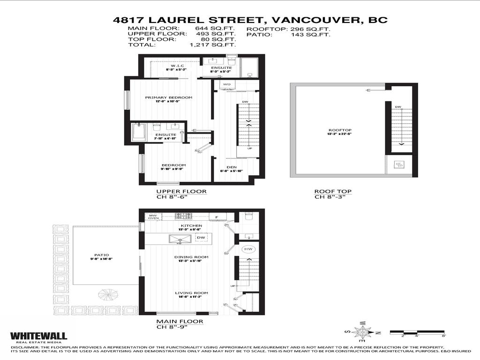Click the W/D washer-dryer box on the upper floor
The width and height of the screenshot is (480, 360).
pos(227,84)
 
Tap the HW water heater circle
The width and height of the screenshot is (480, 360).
pos(248,249)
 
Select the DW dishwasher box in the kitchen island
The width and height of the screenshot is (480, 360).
pos(201,238)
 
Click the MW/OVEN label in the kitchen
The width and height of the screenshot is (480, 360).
pos(153,217)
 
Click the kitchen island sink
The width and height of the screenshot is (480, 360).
pos(179,239)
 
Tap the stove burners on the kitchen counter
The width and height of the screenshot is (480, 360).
pos(184,216)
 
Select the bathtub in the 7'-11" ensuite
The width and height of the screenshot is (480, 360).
pos(139,132)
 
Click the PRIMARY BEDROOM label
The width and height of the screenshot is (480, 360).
pos(162,97)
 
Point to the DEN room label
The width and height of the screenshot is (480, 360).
pos(231,167)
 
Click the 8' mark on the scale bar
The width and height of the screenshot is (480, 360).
pos(443,336)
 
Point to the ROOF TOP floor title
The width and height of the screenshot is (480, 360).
pos(333,192)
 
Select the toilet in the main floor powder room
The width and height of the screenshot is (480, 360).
pos(248,217)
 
